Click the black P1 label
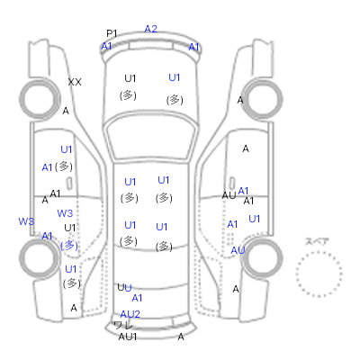(x=112, y=33)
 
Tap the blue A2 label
(x=150, y=29)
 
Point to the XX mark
(x=75, y=82)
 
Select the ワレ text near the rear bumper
(x=123, y=325)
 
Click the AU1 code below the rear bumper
(x=128, y=337)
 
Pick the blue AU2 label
(x=130, y=314)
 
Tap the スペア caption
(x=317, y=241)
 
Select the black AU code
(x=229, y=195)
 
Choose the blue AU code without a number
(x=238, y=250)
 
